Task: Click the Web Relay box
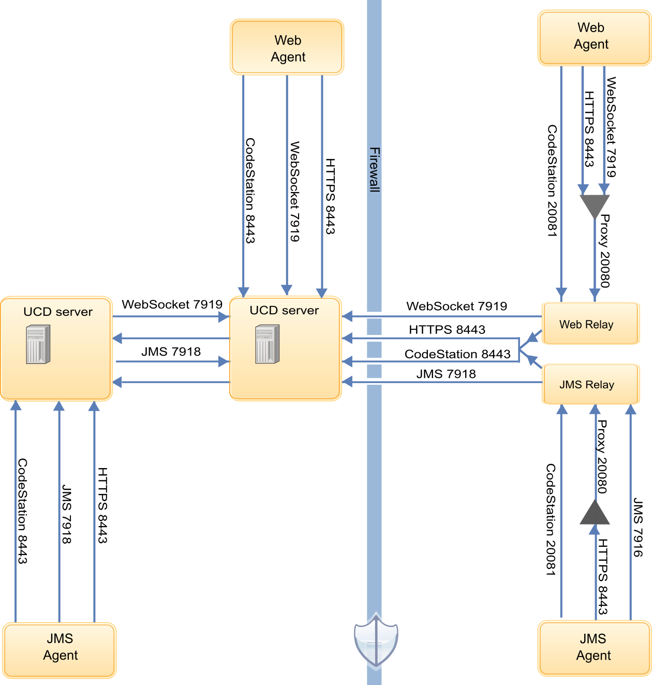click(x=590, y=324)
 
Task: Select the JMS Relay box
click(x=590, y=384)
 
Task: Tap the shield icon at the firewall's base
click(x=376, y=640)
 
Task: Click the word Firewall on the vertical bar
click(x=374, y=169)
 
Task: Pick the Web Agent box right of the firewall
click(x=594, y=37)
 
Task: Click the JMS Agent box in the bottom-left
click(x=60, y=650)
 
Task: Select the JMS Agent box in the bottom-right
click(x=594, y=648)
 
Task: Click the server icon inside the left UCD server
click(x=38, y=344)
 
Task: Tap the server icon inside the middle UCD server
click(x=268, y=344)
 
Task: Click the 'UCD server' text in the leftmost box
click(x=58, y=312)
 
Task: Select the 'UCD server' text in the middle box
click(x=284, y=310)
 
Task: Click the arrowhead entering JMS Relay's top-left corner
click(x=531, y=359)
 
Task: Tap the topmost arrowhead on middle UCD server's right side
click(x=347, y=316)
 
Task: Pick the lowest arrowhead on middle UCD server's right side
click(x=347, y=382)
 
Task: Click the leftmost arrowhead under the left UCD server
click(x=16, y=405)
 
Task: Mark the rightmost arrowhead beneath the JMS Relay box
click(x=630, y=410)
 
